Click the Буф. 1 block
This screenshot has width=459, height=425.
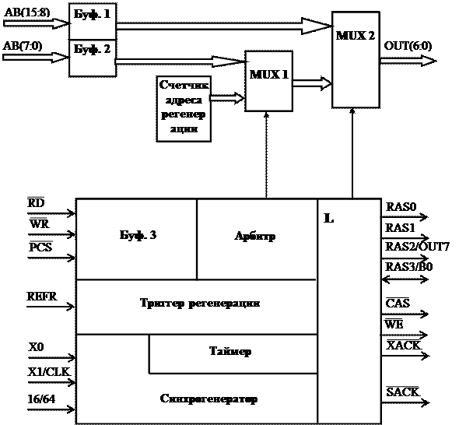(x=93, y=21)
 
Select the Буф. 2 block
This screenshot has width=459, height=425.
(x=93, y=58)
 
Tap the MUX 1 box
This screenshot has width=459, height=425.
(x=268, y=81)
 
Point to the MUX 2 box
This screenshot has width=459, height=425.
(x=356, y=60)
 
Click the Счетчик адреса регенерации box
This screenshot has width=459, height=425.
(x=184, y=109)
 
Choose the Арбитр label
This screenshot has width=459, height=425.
(x=254, y=236)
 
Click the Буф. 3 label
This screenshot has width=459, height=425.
(x=138, y=235)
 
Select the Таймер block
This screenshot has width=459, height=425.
(x=233, y=354)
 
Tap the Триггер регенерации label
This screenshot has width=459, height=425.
(x=200, y=303)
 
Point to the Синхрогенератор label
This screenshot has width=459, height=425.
(x=208, y=399)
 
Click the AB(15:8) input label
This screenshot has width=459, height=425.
(x=27, y=12)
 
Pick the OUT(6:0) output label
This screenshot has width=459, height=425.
(x=408, y=46)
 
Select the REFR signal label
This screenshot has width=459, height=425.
(x=42, y=297)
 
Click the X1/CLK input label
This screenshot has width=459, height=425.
(x=49, y=372)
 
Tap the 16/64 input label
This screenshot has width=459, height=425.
(x=41, y=399)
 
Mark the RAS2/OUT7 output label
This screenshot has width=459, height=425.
(x=417, y=247)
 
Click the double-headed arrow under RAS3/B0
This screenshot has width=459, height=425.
(x=405, y=279)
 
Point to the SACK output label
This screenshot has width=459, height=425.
(x=403, y=392)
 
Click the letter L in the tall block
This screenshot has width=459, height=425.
(x=329, y=218)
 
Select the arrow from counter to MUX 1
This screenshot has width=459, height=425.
(x=227, y=98)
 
